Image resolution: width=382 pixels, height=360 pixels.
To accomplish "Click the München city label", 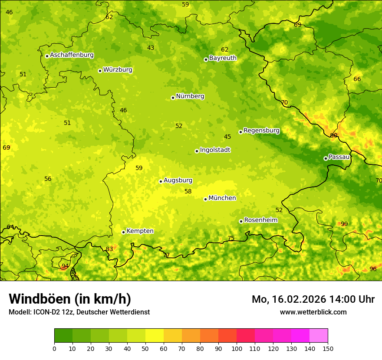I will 222,198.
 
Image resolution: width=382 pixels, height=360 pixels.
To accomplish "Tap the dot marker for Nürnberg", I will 173,98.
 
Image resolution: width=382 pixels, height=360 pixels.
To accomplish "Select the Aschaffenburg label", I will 72,55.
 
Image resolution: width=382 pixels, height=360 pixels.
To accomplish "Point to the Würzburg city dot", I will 100,71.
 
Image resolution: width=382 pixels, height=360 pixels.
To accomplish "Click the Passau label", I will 339,157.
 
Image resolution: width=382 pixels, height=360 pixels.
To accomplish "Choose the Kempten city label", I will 140,231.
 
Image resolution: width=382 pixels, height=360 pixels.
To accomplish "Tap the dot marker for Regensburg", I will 240,132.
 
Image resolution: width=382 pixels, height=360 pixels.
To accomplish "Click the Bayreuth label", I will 223,58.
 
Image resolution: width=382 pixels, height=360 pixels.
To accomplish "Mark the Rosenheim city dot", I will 241,221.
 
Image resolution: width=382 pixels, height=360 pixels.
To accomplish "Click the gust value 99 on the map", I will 344,224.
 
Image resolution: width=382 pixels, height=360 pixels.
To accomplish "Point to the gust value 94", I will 65,266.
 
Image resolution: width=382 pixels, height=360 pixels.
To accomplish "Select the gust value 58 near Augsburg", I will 188,192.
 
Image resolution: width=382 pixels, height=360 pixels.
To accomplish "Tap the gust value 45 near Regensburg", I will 227,137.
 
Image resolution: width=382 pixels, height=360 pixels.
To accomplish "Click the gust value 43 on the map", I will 151,48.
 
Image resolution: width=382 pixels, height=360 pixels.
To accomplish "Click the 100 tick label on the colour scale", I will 237,348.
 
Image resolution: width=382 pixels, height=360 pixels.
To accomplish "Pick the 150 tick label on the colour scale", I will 328,348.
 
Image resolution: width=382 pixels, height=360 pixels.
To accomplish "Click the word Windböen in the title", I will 40,299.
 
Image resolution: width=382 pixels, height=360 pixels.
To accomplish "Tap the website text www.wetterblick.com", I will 313,312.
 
